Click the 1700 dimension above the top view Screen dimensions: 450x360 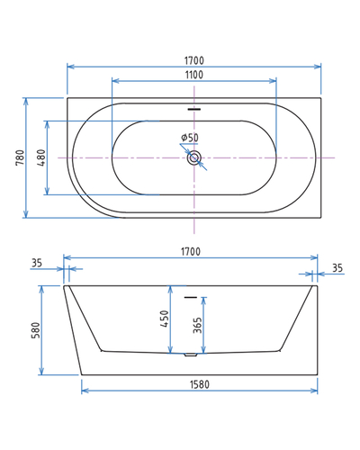[x=194, y=60]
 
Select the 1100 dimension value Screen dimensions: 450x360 [x=194, y=75]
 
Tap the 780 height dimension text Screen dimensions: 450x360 [x=20, y=158]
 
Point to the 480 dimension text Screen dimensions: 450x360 [x=40, y=158]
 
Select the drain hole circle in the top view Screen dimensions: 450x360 [x=194, y=157]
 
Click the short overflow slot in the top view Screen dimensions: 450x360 [x=194, y=110]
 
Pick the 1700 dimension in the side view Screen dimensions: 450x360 [x=190, y=252]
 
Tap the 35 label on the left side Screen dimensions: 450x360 [x=36, y=264]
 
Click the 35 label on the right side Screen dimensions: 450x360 [x=337, y=268]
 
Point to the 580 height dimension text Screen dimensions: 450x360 [x=35, y=330]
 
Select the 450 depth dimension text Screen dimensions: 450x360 [x=165, y=319]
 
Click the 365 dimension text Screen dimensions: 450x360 [x=197, y=324]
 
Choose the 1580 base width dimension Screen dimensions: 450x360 [x=199, y=384]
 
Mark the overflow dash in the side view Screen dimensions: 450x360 [x=190, y=296]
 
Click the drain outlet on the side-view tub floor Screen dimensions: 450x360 [x=190, y=354]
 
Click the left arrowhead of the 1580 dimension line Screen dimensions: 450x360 [x=85, y=391]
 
